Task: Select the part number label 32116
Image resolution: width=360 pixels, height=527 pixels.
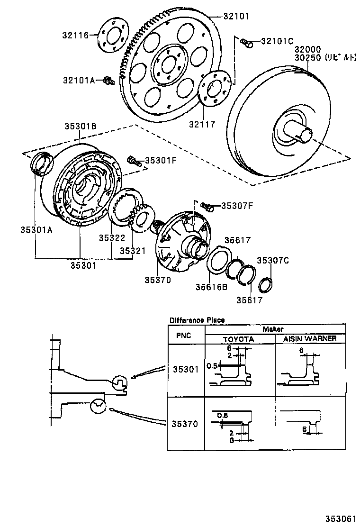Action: pyautogui.click(x=75, y=35)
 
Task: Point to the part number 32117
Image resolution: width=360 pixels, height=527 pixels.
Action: pyautogui.click(x=203, y=125)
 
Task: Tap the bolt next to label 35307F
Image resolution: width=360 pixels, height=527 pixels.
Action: pyautogui.click(x=207, y=206)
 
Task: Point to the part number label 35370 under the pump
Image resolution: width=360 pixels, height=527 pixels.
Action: pyautogui.click(x=158, y=280)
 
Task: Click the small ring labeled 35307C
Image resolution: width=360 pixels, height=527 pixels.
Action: pyautogui.click(x=267, y=285)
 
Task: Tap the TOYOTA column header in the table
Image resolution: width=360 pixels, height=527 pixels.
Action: pyautogui.click(x=239, y=339)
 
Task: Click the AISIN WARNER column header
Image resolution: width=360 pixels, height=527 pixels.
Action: pyautogui.click(x=310, y=338)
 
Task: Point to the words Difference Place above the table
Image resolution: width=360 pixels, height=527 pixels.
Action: pyautogui.click(x=197, y=320)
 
